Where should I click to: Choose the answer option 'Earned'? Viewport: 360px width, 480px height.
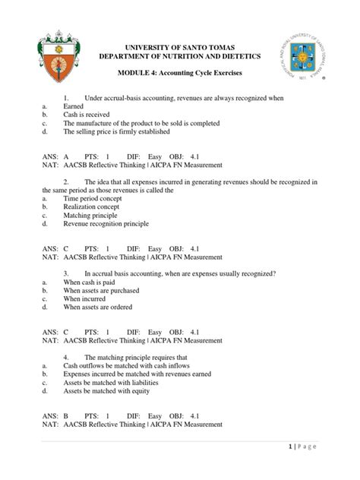click(74, 108)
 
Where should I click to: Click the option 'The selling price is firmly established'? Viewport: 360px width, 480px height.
click(117, 131)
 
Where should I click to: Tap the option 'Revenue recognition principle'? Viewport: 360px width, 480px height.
click(106, 224)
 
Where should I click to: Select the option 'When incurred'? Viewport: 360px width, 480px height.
click(86, 298)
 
